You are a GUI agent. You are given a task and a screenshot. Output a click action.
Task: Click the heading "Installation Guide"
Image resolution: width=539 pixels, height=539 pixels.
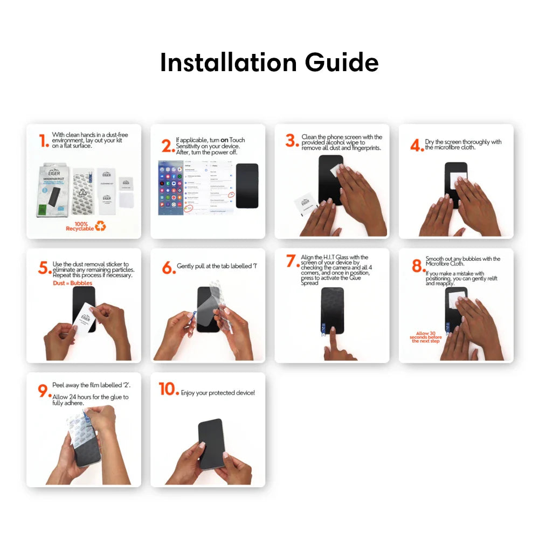(269, 63)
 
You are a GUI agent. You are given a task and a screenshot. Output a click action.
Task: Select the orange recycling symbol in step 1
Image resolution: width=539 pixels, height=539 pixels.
(101, 226)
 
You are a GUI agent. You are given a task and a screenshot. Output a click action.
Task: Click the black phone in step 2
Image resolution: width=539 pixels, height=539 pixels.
(247, 185)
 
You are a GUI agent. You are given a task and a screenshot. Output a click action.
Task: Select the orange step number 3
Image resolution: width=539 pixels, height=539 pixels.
(292, 141)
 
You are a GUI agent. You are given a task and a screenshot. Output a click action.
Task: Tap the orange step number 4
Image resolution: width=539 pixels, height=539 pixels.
(416, 146)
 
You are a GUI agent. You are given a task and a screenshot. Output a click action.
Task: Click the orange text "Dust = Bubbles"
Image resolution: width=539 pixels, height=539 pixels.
(72, 283)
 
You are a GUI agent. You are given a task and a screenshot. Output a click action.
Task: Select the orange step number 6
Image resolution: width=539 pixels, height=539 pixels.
(169, 267)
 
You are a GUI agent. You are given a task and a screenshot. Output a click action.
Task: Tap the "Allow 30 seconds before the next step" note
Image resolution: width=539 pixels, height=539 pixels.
(425, 337)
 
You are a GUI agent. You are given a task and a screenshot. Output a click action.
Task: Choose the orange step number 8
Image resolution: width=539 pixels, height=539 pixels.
(417, 266)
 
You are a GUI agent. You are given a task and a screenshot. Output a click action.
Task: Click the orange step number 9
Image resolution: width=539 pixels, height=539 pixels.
(44, 391)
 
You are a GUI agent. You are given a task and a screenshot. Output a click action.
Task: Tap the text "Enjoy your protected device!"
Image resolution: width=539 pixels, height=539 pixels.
(218, 393)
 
